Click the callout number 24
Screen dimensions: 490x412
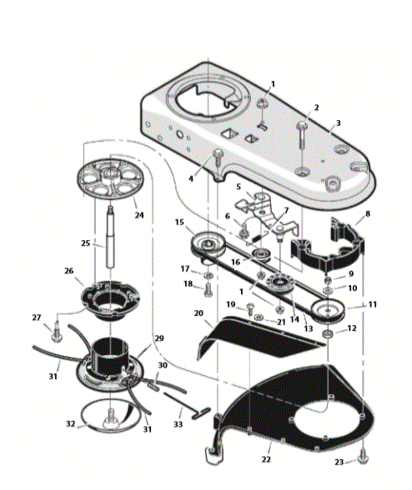[139, 214]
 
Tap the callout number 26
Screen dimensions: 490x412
[69, 270]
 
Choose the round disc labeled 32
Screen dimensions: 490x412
[108, 415]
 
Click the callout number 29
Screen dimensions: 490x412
[159, 338]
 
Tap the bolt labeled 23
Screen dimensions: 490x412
[364, 455]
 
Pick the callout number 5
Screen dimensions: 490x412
[239, 187]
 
